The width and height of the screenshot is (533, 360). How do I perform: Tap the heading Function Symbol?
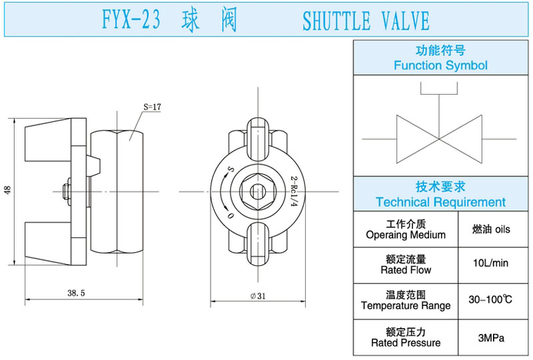coord(440,65)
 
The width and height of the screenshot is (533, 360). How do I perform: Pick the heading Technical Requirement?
coord(440,201)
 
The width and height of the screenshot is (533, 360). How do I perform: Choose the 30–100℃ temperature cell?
coord(490,300)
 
